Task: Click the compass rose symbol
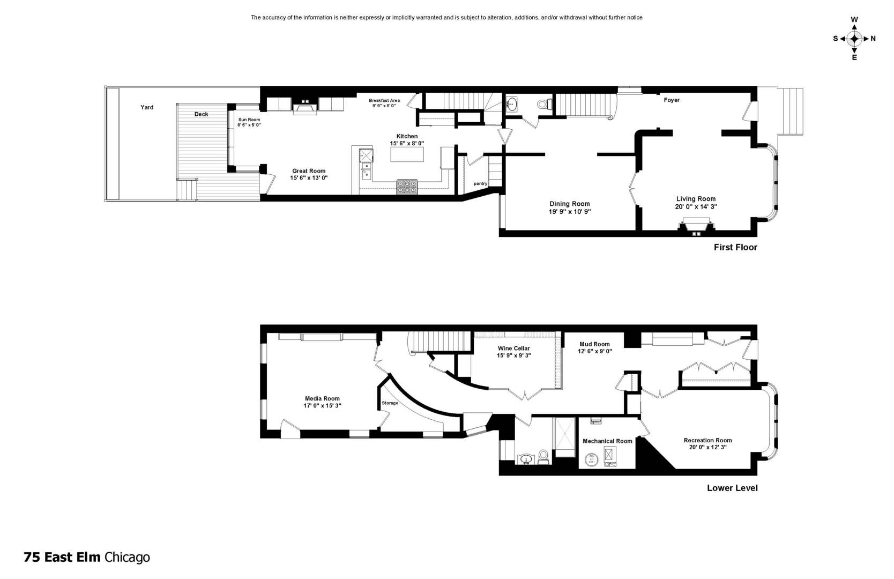click(x=854, y=39)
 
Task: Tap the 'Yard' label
click(x=147, y=107)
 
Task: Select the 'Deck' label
click(x=201, y=114)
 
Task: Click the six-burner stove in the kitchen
click(x=407, y=187)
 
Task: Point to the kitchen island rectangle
click(x=407, y=154)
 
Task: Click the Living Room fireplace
click(x=696, y=225)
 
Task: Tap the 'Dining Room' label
click(x=570, y=204)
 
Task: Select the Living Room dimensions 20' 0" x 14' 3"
click(x=696, y=207)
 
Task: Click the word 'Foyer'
click(x=672, y=100)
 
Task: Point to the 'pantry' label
click(x=481, y=184)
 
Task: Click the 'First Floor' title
click(x=735, y=248)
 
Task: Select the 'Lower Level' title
click(x=732, y=488)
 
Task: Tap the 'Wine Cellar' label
click(x=513, y=348)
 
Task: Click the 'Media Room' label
click(x=322, y=398)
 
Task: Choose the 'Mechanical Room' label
click(x=607, y=441)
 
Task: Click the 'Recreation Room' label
click(x=707, y=441)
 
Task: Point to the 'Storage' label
click(x=390, y=403)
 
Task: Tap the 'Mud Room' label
click(x=594, y=344)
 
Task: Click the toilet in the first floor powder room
click(x=545, y=104)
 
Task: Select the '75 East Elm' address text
click(x=62, y=558)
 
